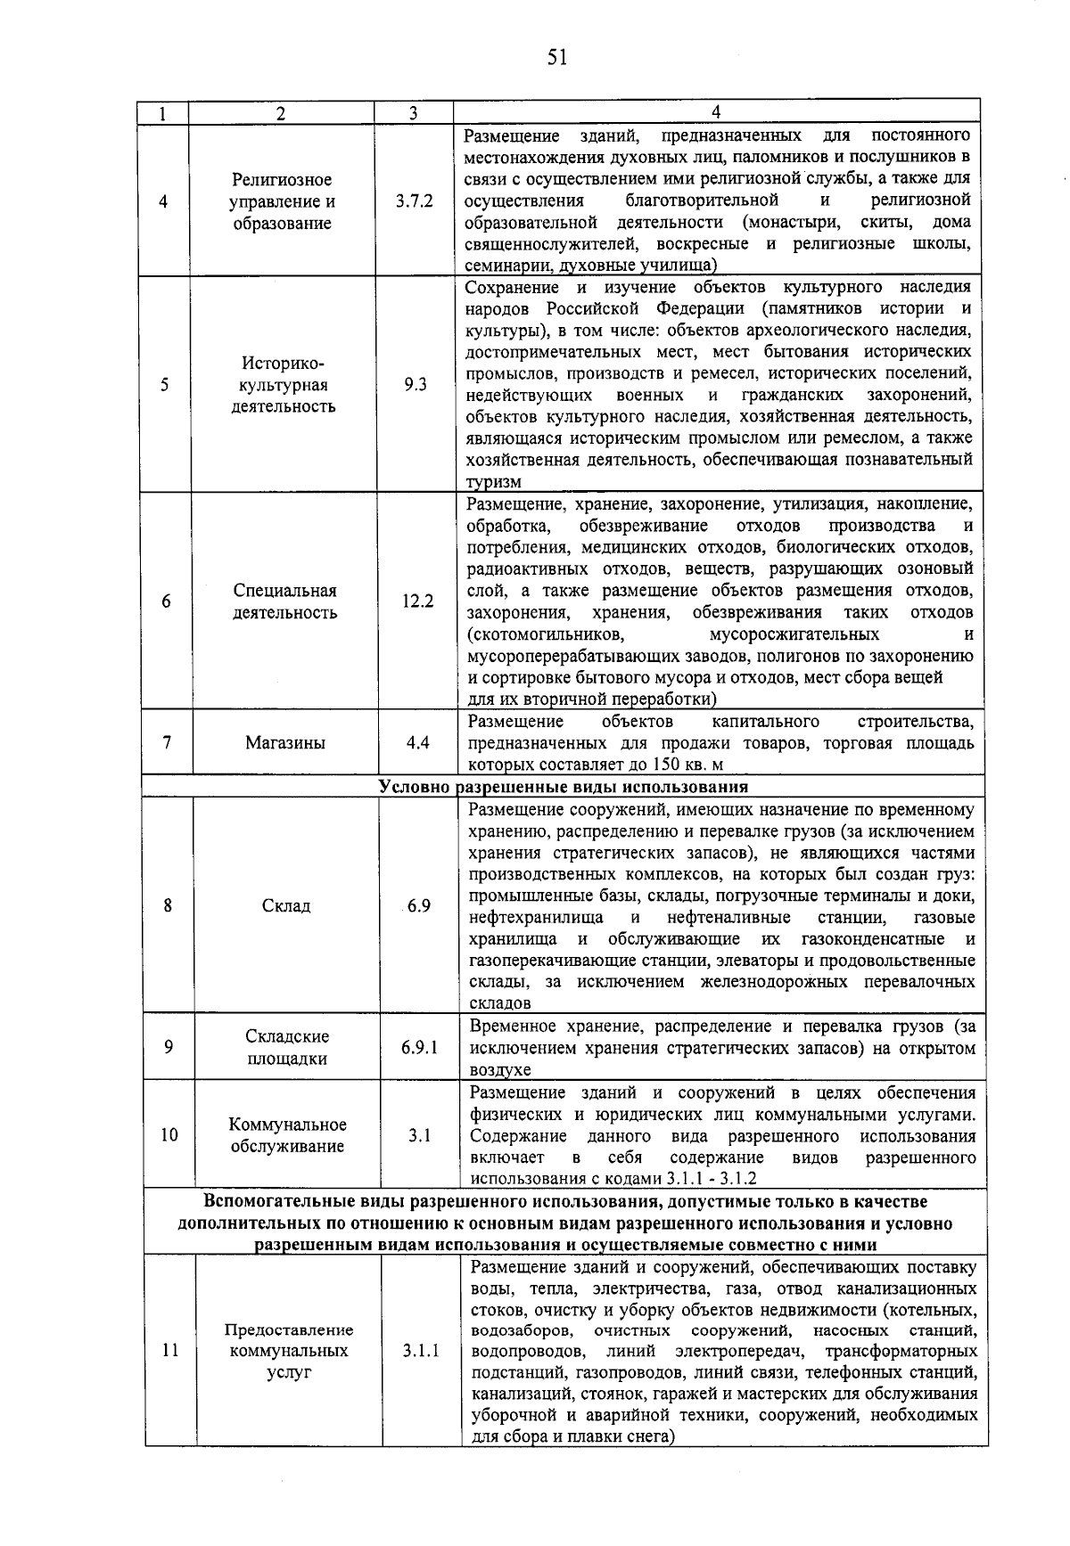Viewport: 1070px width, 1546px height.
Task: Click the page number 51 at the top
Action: tap(557, 58)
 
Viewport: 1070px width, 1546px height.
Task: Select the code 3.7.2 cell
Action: tap(415, 201)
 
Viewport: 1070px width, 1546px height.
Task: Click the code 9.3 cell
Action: tap(416, 385)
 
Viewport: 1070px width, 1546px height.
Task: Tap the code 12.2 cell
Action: tap(417, 601)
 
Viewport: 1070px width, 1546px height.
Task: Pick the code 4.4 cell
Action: tap(417, 742)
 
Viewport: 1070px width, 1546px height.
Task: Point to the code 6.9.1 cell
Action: tap(419, 1047)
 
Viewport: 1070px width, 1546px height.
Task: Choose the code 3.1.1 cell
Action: tap(420, 1351)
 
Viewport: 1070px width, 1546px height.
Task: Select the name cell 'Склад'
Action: tap(286, 906)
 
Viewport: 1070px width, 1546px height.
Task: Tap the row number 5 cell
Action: tap(165, 385)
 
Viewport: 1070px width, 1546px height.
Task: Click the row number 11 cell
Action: tap(170, 1351)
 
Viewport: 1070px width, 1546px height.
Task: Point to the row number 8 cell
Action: tap(168, 906)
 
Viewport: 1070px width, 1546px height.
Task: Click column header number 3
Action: tap(413, 113)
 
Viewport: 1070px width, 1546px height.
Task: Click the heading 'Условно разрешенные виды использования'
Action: tap(564, 787)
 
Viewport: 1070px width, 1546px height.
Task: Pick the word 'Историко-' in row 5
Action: tap(284, 364)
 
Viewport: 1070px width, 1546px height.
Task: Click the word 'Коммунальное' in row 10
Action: tap(287, 1125)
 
